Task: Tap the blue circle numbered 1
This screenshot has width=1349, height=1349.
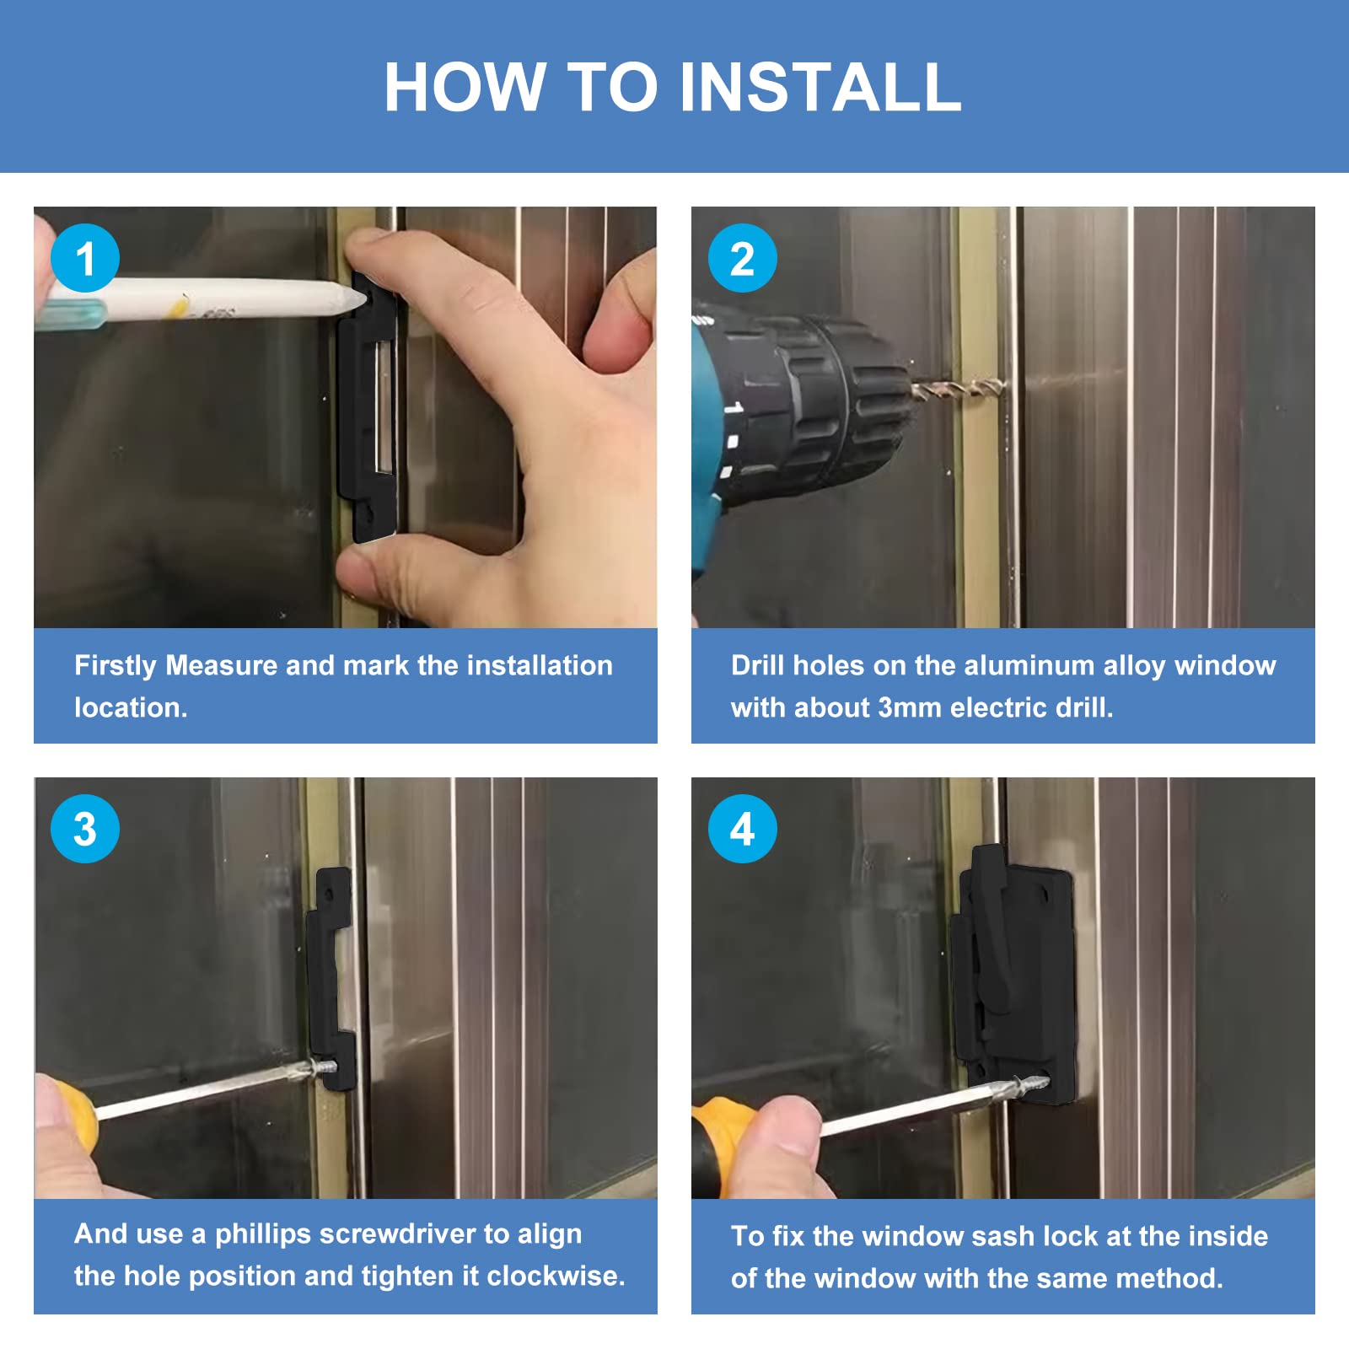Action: tap(85, 258)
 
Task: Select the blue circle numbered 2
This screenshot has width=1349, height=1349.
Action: tap(742, 258)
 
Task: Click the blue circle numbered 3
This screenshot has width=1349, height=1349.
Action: tap(85, 829)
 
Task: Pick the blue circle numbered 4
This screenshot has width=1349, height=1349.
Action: tap(742, 829)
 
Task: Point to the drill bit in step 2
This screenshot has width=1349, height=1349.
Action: tap(957, 390)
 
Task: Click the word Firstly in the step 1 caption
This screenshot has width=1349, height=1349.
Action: tap(116, 665)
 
